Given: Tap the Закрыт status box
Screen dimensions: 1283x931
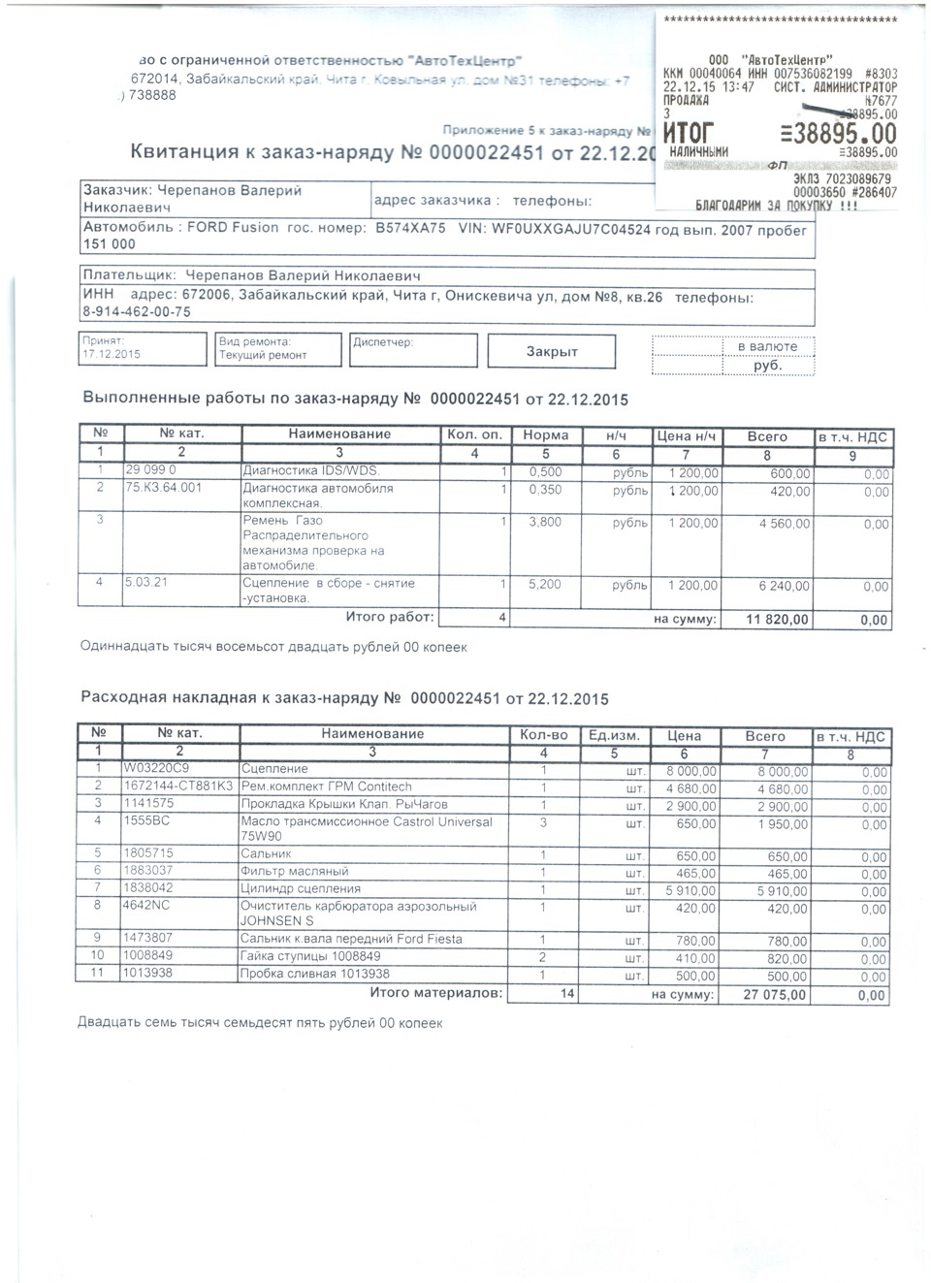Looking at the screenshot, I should [x=552, y=351].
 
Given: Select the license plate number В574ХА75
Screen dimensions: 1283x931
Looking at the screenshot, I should [x=410, y=230].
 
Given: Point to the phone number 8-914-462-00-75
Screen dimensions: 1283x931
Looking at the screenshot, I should [x=136, y=312].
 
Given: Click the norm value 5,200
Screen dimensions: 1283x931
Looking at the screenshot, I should [x=545, y=585].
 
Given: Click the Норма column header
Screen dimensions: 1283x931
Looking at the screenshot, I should [x=545, y=435].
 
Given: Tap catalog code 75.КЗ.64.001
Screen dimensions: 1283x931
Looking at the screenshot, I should [x=164, y=488].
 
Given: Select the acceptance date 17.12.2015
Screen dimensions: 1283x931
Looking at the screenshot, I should [x=112, y=355].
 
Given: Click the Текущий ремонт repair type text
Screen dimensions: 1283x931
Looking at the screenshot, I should [x=263, y=355].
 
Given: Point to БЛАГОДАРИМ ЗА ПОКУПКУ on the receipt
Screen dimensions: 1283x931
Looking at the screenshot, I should [x=777, y=206].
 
